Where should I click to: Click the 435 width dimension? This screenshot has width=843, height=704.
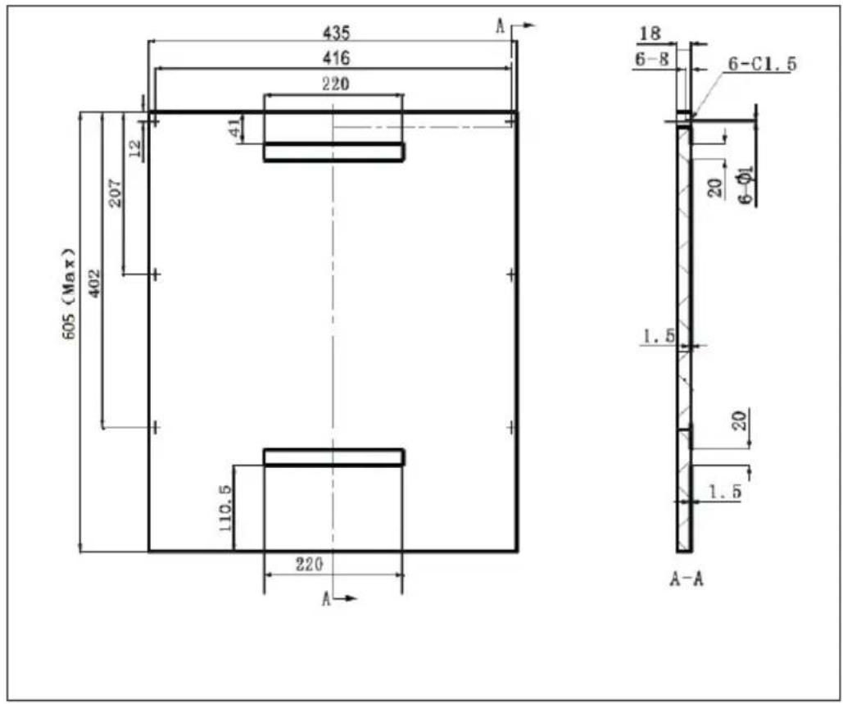pyautogui.click(x=336, y=33)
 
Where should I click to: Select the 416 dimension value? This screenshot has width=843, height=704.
pyautogui.click(x=336, y=57)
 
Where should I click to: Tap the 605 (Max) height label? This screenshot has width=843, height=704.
pyautogui.click(x=70, y=293)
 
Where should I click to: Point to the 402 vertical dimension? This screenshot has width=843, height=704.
pyautogui.click(x=94, y=284)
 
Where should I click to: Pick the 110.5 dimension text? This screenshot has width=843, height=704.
pyautogui.click(x=225, y=508)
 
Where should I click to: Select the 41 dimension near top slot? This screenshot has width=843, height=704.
pyautogui.click(x=235, y=128)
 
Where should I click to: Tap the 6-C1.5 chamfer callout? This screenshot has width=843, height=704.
pyautogui.click(x=762, y=64)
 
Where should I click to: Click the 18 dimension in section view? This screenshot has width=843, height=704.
pyautogui.click(x=650, y=34)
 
